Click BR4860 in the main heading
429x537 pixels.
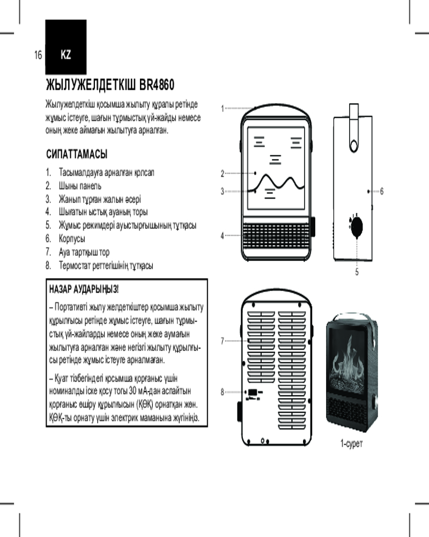pos(157,85)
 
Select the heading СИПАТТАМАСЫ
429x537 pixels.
pos(77,155)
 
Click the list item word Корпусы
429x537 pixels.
pos(72,238)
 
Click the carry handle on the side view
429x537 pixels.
pos(353,129)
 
